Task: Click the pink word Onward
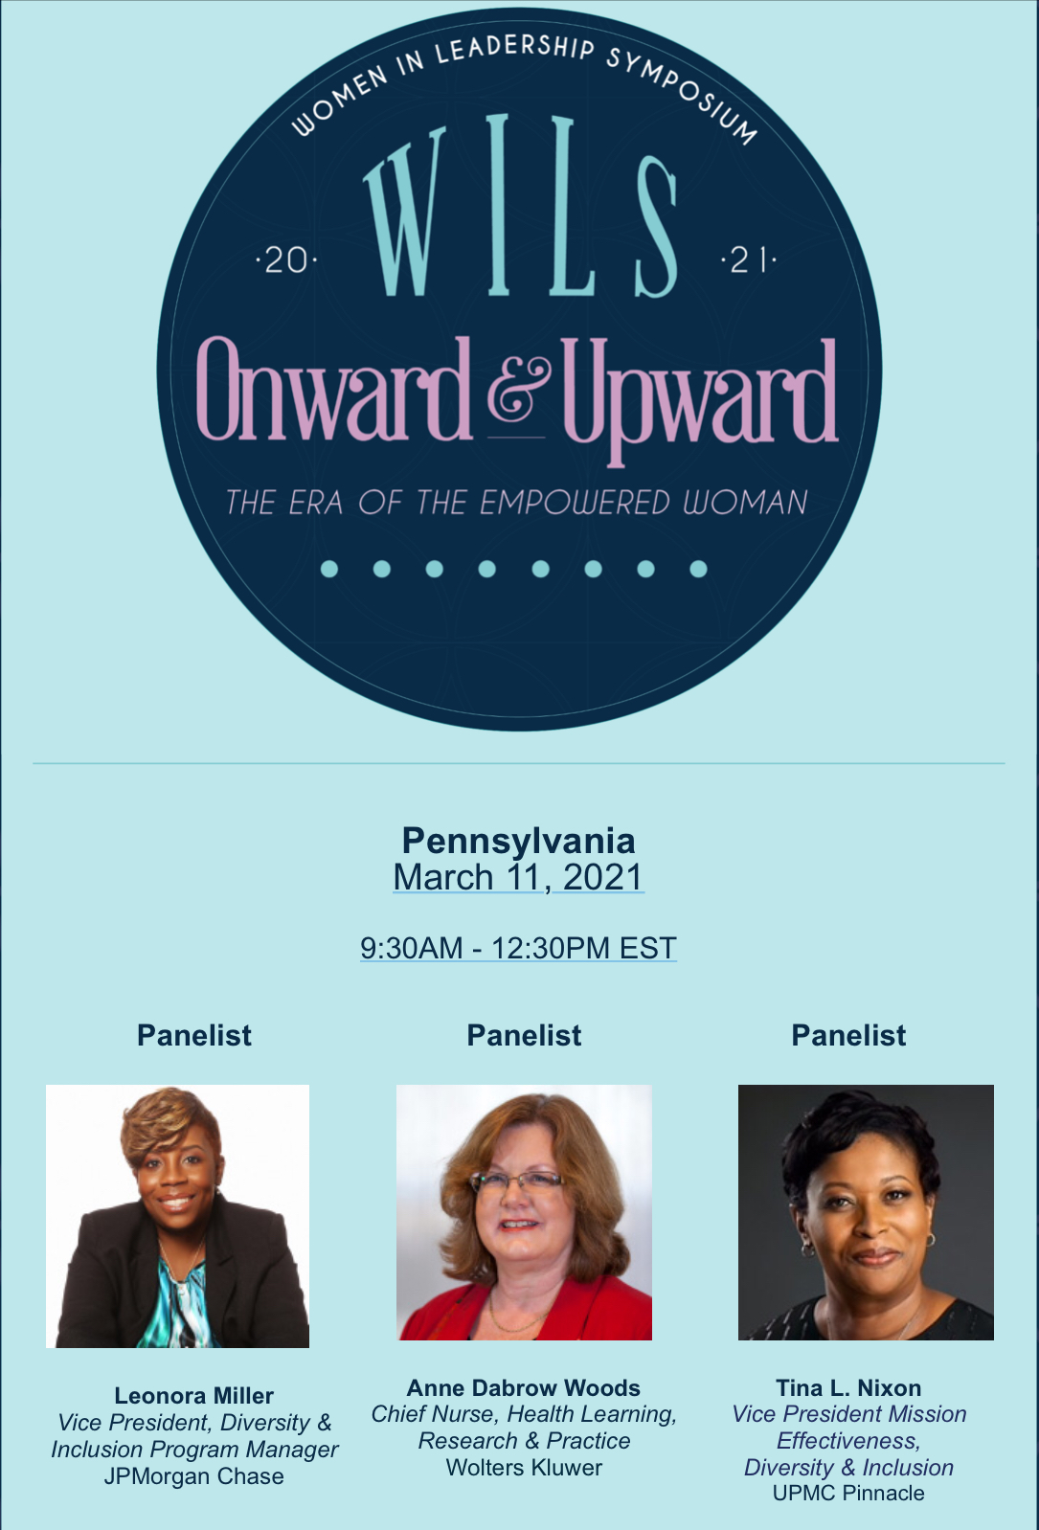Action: (335, 390)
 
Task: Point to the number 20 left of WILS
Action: (285, 261)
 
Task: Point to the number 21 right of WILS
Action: (749, 261)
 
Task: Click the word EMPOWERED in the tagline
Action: (575, 503)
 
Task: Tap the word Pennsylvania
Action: (518, 841)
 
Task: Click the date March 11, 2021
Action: (518, 877)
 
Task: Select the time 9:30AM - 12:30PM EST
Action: (518, 948)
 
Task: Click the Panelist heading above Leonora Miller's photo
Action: (194, 1036)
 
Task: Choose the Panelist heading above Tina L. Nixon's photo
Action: (848, 1036)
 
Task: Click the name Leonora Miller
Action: (194, 1395)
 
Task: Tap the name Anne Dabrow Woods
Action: (524, 1388)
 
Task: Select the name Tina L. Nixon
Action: (848, 1388)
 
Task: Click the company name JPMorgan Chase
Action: (194, 1476)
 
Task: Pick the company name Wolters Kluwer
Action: (524, 1468)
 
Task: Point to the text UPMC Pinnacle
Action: (848, 1493)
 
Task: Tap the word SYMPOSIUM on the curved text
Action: (683, 90)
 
